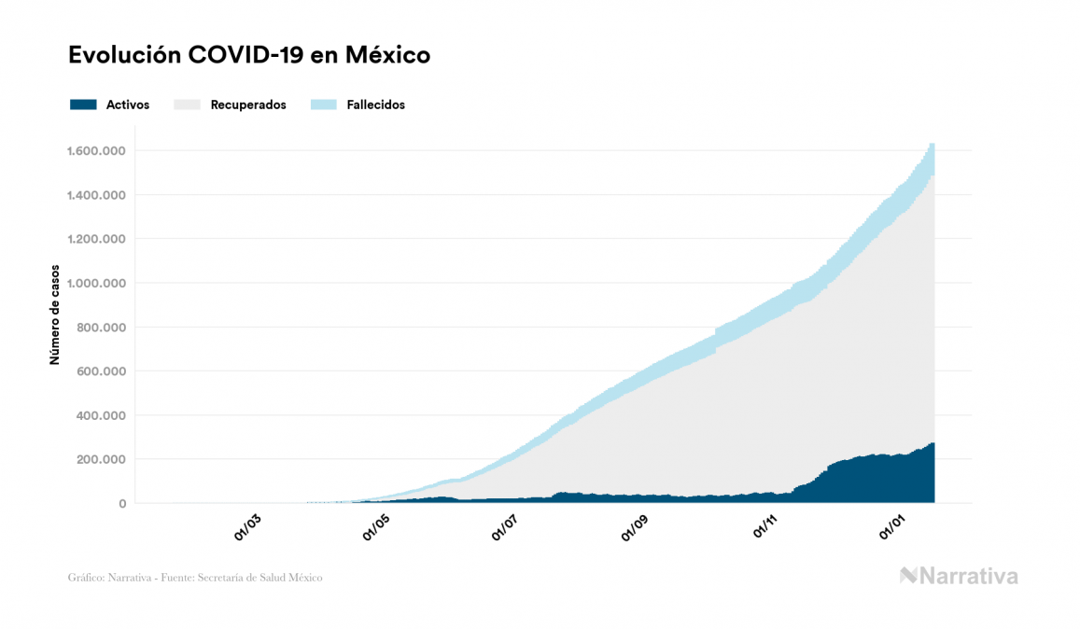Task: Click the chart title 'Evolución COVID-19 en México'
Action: (249, 55)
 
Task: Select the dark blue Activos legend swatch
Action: (83, 105)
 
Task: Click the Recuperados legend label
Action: (248, 105)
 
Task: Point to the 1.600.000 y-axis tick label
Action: (97, 151)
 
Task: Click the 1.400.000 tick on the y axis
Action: (97, 195)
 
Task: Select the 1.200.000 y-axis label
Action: (97, 239)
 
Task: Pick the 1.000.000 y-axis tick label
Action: (97, 283)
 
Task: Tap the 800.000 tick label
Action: (103, 328)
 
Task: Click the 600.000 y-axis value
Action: (103, 371)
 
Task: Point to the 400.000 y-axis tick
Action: (103, 415)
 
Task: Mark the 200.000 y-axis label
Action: (103, 459)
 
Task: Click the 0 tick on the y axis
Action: (121, 504)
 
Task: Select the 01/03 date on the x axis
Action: (248, 526)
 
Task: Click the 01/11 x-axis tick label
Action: (764, 526)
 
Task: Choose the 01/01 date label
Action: (895, 526)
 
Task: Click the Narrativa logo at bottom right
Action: (959, 576)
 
